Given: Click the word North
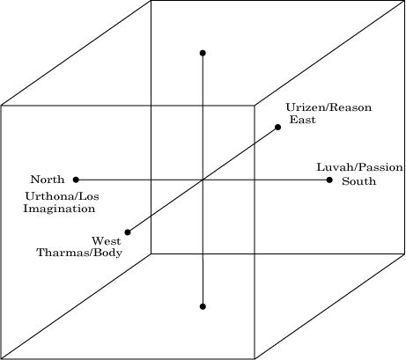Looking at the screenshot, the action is [48, 180].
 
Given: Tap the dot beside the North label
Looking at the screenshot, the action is [76, 180].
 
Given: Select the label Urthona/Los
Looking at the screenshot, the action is [62, 196].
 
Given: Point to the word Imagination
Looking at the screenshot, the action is [59, 209].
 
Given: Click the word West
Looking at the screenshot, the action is [107, 241].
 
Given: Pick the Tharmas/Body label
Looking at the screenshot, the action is [79, 253].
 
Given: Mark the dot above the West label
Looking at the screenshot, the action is [128, 232].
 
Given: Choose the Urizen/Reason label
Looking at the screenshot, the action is [328, 107].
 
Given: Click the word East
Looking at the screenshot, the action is [303, 120].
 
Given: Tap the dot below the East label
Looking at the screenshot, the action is [277, 127].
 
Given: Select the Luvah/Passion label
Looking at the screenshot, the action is [359, 167].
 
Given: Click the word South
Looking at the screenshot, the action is [358, 181].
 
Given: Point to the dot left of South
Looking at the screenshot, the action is [329, 180].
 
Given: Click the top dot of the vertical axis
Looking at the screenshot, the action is [203, 53].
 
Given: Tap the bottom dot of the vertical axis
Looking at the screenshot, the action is [203, 306].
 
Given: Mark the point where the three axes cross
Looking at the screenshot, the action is [203, 180].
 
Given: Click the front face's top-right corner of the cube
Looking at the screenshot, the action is [255, 106].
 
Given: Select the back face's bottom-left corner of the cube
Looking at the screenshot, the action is [151, 253].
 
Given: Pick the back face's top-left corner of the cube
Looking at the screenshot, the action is [151, 1].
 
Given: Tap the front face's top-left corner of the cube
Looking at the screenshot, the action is [1, 106].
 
